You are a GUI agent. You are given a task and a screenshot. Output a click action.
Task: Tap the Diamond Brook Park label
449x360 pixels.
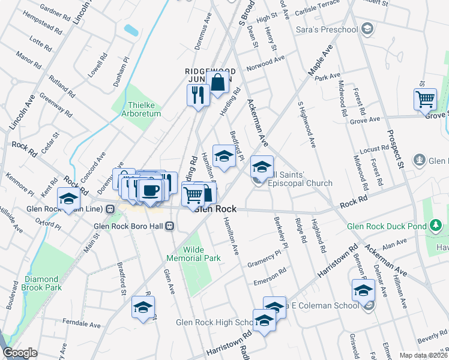point(43,283)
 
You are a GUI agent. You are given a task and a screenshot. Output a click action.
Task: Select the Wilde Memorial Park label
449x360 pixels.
point(194,254)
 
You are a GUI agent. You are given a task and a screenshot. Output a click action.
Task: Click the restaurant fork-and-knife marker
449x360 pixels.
point(197,95)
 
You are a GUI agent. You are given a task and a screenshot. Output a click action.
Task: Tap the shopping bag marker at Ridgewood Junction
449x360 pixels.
point(218,83)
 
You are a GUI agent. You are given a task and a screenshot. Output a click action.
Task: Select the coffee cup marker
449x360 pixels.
point(149,190)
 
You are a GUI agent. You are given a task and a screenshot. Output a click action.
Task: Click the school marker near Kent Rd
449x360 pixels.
point(68,199)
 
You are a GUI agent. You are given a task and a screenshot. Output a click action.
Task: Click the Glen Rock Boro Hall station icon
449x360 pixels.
point(170,226)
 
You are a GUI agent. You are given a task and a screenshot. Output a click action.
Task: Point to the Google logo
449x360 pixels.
point(20,353)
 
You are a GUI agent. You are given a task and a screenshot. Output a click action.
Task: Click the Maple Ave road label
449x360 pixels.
point(321,62)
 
